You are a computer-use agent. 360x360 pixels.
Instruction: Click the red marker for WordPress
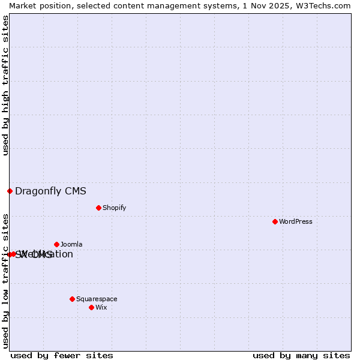tap(275, 221)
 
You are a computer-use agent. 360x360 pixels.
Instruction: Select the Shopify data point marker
tap(98, 208)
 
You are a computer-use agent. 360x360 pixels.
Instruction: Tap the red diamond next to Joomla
tap(56, 244)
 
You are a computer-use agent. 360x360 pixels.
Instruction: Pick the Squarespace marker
tap(72, 299)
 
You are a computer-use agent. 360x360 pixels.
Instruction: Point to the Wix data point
tap(91, 307)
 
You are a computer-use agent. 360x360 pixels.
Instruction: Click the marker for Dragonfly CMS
tap(10, 191)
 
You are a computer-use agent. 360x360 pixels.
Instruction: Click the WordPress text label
tap(296, 221)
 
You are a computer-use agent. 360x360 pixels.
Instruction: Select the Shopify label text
tap(114, 208)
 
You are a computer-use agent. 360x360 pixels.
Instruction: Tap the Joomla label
tap(71, 244)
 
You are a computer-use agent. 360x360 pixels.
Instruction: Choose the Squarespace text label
tap(97, 299)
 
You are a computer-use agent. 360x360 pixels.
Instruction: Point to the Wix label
tap(101, 307)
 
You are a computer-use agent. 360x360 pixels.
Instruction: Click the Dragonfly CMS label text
tap(50, 191)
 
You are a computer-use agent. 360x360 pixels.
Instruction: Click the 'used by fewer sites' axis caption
tap(62, 355)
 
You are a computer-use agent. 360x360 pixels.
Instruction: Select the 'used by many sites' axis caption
tap(301, 355)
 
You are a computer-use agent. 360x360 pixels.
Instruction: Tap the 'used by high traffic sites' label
tap(5, 85)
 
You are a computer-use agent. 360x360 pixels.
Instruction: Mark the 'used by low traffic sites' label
tap(5, 280)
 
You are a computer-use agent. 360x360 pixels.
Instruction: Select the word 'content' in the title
tap(120, 5)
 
